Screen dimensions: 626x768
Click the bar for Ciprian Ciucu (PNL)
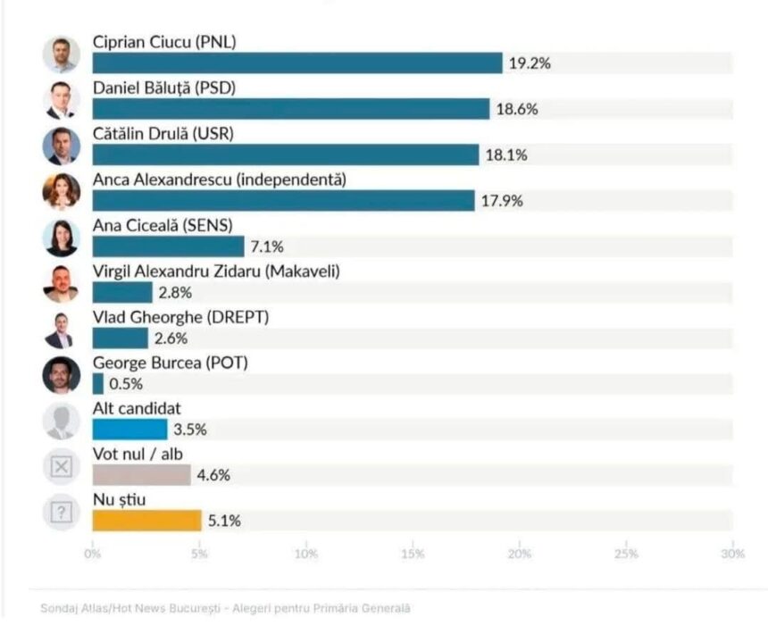point(297,63)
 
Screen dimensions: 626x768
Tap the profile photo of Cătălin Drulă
point(61,146)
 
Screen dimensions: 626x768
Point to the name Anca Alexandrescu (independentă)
point(219,179)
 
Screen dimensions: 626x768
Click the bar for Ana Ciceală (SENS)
point(168,246)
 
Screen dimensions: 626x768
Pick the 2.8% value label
point(175,292)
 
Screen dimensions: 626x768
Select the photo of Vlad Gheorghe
point(61,330)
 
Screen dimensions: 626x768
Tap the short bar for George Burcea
point(97,384)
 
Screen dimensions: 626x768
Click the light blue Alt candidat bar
point(129,430)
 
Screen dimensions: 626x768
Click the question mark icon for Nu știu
point(61,513)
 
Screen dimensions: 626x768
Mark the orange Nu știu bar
point(146,521)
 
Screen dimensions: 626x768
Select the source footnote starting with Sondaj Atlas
point(225,608)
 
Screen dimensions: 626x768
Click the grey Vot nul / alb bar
point(141,475)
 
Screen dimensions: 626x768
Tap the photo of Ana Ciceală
point(61,238)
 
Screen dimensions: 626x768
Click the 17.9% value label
point(504,201)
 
